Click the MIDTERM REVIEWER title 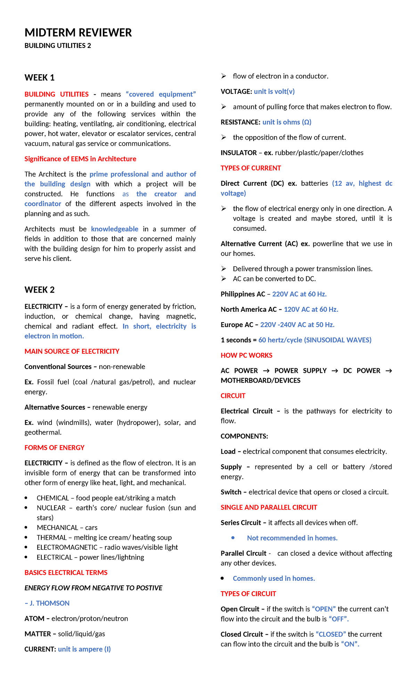coord(78,33)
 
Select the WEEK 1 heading coord(39,77)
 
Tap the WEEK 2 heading coord(39,290)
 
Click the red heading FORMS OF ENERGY coord(55,447)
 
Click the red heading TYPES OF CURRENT coord(251,168)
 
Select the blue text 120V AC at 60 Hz coord(311,309)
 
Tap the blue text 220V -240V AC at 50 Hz coord(297,325)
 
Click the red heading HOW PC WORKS coord(246,355)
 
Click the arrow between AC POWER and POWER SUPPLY coord(266,371)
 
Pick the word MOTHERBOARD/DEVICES coord(260,380)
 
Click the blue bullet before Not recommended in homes coord(233,538)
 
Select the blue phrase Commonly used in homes coord(274,578)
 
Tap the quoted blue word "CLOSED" coord(330,634)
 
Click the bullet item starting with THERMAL coord(104,537)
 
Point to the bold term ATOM coord(34,618)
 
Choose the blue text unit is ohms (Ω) coord(287,122)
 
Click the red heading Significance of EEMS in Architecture coord(80,159)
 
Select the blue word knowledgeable coord(114,229)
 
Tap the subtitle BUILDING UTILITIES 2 coord(58,45)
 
